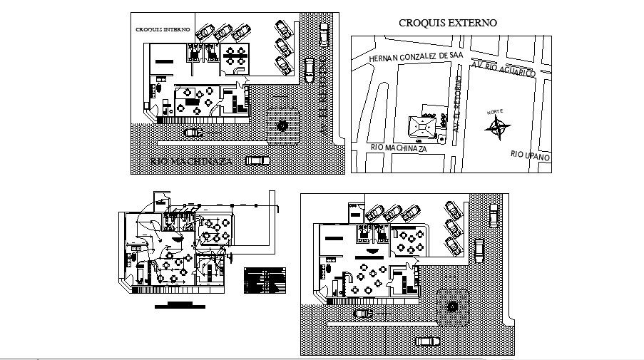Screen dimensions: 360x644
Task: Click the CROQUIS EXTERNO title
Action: coord(447,23)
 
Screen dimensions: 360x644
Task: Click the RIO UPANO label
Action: coord(530,154)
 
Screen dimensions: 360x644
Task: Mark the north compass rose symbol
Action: coord(497,128)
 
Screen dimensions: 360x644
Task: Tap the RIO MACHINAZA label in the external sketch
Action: coord(399,148)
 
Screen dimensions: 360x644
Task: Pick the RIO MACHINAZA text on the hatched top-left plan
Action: coord(192,162)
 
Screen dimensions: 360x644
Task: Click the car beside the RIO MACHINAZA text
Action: coord(257,161)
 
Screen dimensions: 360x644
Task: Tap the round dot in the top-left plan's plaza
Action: coord(282,126)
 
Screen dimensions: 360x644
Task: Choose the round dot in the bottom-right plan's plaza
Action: coord(452,307)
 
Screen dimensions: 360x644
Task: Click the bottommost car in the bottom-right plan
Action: coord(427,341)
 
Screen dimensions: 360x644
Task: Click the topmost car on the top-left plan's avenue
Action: coord(325,34)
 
